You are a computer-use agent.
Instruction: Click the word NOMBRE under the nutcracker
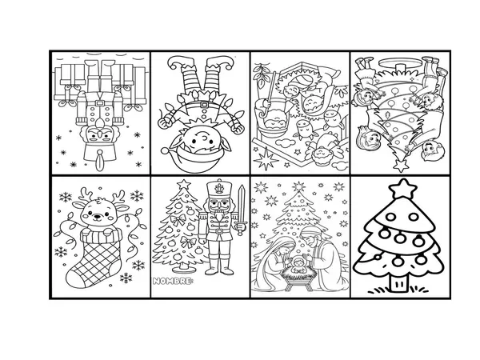tap(172, 281)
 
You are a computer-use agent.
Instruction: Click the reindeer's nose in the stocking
tap(98, 216)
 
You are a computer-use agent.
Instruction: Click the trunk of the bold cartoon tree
tap(399, 282)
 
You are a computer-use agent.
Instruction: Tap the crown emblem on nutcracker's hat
tap(219, 189)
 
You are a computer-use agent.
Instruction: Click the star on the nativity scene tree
tap(298, 186)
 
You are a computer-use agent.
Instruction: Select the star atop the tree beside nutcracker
tap(184, 184)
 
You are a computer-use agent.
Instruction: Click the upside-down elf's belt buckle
tap(203, 105)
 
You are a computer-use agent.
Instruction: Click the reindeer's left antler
tap(86, 194)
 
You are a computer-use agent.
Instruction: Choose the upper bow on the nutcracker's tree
tap(178, 219)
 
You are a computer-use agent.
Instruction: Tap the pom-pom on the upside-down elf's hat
tap(166, 151)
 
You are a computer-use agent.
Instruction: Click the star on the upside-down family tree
tap(401, 166)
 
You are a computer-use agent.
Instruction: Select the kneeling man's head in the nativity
tap(314, 237)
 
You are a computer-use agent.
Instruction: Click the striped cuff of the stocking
tap(101, 236)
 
